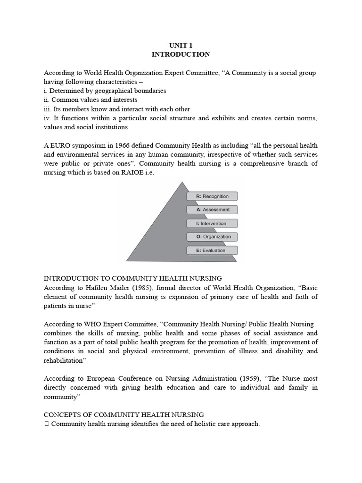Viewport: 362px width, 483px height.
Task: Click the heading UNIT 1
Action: coord(181,45)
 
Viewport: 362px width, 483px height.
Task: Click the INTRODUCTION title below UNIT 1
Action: coord(181,54)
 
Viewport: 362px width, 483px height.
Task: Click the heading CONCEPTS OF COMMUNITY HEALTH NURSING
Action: coord(123,415)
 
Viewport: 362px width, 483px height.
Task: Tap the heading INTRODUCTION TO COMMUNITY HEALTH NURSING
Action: coord(132,278)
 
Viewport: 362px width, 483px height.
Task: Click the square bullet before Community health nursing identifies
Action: coord(46,424)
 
